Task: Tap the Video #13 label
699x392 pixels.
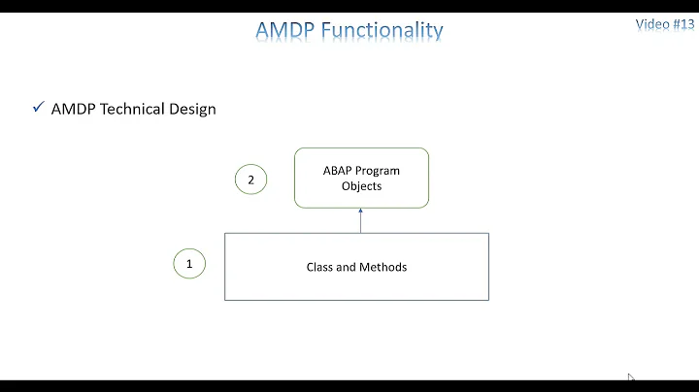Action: pos(665,24)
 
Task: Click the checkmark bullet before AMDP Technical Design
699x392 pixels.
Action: pos(38,109)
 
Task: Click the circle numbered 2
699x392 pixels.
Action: pos(250,180)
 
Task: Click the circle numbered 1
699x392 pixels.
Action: pos(189,263)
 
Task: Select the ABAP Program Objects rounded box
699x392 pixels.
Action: pos(361,178)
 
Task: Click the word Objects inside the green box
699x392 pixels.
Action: pos(361,185)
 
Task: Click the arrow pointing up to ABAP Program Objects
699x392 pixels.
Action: pos(361,220)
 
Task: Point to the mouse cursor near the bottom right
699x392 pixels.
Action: pos(630,377)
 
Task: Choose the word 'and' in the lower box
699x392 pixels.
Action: pos(349,266)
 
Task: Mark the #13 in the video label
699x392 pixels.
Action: pos(682,24)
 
